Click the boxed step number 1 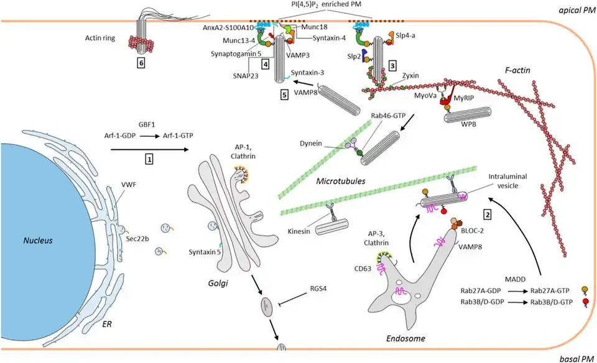(x=149, y=159)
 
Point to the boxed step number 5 (x=284, y=95)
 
